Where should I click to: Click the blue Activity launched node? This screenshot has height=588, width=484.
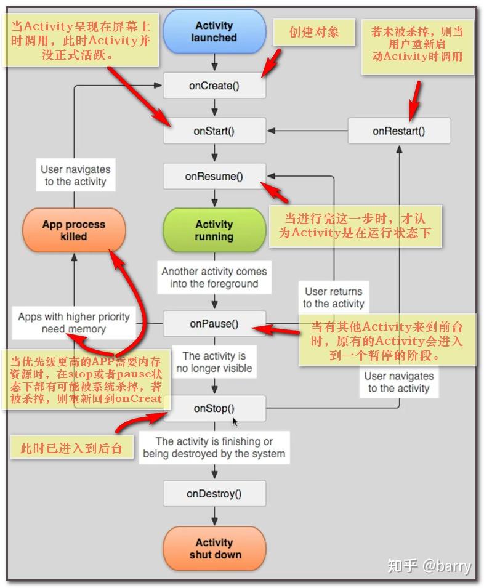[x=214, y=31]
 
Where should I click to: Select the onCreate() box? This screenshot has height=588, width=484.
[x=214, y=86]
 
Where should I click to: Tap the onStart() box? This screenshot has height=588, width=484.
[x=214, y=131]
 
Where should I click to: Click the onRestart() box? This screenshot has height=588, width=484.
[x=398, y=131]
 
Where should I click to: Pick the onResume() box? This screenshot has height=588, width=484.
[x=214, y=176]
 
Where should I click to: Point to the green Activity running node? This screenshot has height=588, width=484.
[x=214, y=230]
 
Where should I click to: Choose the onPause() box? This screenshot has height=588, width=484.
[x=214, y=323]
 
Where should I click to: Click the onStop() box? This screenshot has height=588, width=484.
[x=214, y=408]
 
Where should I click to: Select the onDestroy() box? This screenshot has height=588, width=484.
[x=214, y=493]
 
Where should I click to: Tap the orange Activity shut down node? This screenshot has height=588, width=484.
[x=214, y=548]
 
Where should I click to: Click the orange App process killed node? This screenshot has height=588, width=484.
[x=73, y=230]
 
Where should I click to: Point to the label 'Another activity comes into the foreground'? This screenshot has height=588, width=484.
[x=214, y=278]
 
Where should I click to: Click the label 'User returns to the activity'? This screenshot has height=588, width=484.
[x=333, y=297]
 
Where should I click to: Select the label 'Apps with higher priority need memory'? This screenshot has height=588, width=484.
[x=73, y=323]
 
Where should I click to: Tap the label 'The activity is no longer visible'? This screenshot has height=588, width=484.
[x=214, y=362]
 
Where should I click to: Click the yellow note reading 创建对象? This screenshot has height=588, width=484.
[x=314, y=32]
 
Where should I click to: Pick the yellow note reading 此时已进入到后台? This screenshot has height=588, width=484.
[x=71, y=448]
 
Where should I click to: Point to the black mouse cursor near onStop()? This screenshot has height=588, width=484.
[x=235, y=421]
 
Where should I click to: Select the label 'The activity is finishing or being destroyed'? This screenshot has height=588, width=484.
[x=214, y=448]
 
